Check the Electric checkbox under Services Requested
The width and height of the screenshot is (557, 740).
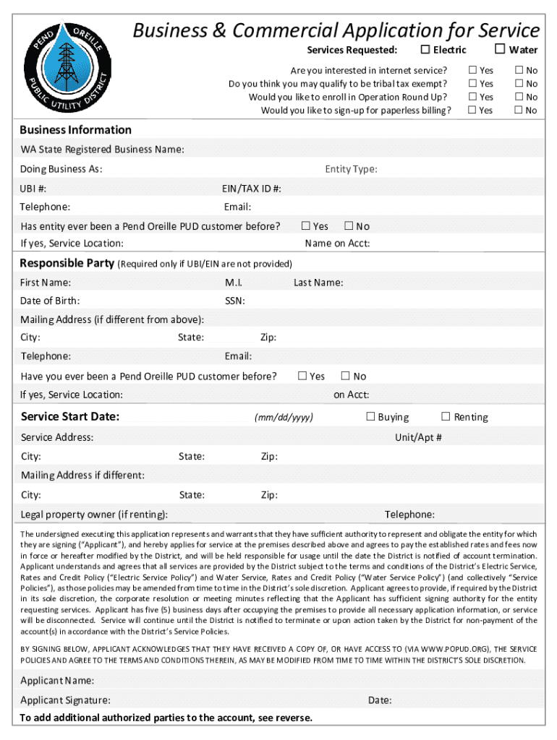426,49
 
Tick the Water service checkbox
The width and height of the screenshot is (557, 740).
500,49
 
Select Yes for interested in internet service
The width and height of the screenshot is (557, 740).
472,70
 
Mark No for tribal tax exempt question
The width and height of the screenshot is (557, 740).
518,84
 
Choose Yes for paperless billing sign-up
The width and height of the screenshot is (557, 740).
472,110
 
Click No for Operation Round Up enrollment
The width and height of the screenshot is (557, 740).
518,97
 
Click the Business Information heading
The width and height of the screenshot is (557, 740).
75,130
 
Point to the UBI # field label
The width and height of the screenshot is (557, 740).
34,189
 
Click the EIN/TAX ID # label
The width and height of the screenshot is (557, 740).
252,189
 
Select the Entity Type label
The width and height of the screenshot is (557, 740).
351,169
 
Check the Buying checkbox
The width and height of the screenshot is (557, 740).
370,416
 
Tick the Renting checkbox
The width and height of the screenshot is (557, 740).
446,416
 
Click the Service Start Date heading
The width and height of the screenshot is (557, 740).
70,416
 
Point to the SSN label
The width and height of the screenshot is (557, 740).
234,301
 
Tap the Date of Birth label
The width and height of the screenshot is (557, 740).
50,301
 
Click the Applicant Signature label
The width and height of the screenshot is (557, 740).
65,700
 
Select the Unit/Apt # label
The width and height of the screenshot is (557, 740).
418,437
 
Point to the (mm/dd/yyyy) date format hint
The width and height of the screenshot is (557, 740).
284,418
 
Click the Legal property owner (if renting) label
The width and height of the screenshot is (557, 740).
94,515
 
